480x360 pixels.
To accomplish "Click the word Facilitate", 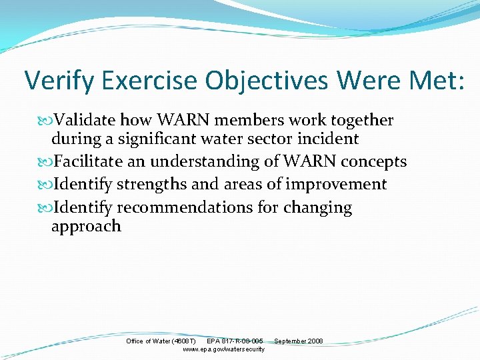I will coord(92,162).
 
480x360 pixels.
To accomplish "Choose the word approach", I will coord(87,227).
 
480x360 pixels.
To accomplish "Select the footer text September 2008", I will coord(299,341).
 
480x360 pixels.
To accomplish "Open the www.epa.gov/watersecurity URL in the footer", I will coord(223,349).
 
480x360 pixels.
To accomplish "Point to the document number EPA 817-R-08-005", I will coord(235,341).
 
